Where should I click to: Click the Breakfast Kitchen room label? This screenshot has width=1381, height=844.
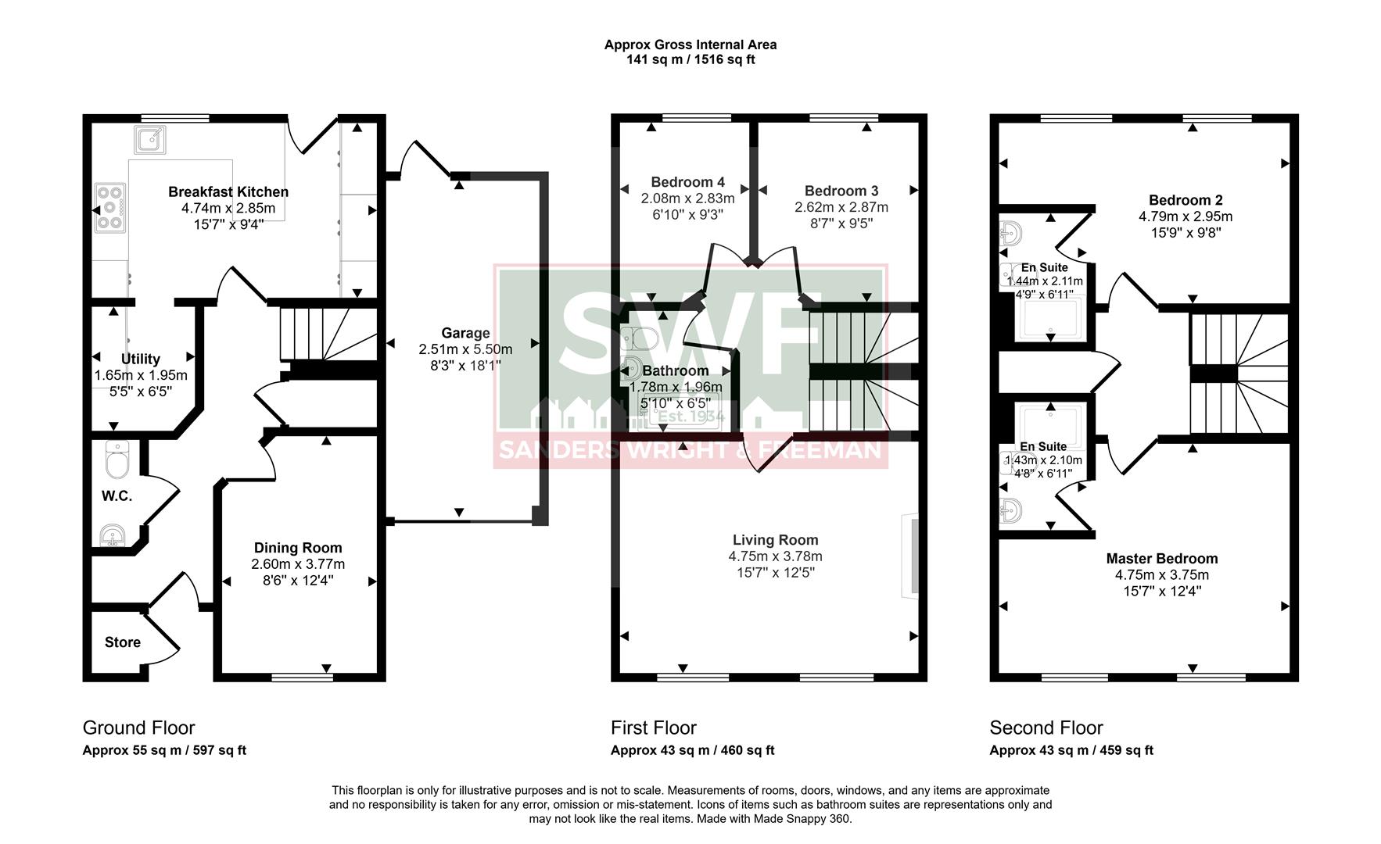point(228,191)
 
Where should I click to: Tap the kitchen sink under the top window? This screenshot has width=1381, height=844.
point(149,139)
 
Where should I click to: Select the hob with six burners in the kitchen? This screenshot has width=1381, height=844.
point(109,208)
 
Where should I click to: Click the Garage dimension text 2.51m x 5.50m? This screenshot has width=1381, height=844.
point(465,349)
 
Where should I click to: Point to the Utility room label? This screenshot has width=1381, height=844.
point(141,359)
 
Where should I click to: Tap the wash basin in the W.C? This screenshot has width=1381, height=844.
point(113,535)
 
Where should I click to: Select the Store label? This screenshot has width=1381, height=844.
point(123,642)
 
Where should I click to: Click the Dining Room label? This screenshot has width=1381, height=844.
point(298,548)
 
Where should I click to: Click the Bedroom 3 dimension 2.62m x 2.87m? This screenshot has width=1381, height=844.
point(841,207)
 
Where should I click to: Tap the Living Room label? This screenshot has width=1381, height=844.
point(775,539)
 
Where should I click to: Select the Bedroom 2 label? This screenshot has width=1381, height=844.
point(1186,200)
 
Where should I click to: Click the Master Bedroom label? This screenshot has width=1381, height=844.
point(1161,558)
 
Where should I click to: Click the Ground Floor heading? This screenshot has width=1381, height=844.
point(138,728)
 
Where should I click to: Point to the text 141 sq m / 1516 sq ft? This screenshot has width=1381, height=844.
point(690,59)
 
